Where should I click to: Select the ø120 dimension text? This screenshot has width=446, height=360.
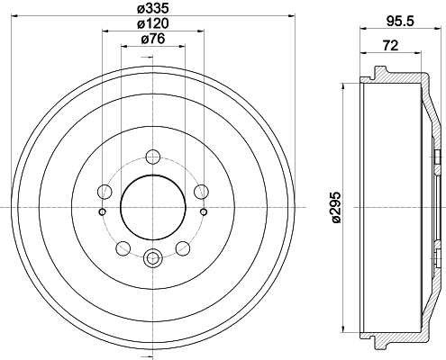pos(151,22)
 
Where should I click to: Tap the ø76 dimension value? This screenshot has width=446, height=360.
pos(151,39)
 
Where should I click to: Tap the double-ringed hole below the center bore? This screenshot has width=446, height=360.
pos(151,260)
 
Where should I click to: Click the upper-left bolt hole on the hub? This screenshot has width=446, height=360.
pos(104,191)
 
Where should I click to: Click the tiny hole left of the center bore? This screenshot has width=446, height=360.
pos(101,212)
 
